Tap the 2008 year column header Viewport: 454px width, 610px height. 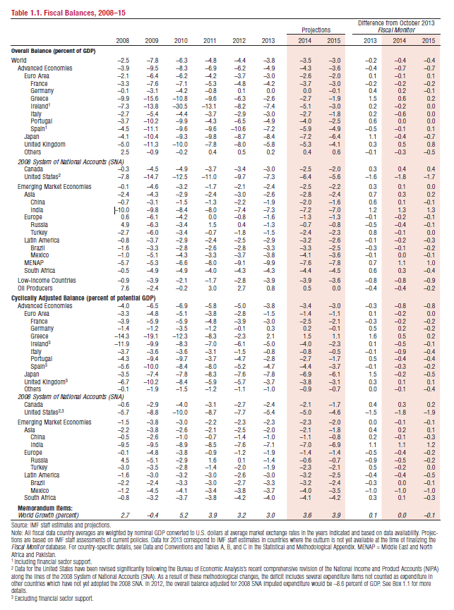[x=121, y=42]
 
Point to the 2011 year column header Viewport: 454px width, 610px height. [x=209, y=42]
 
